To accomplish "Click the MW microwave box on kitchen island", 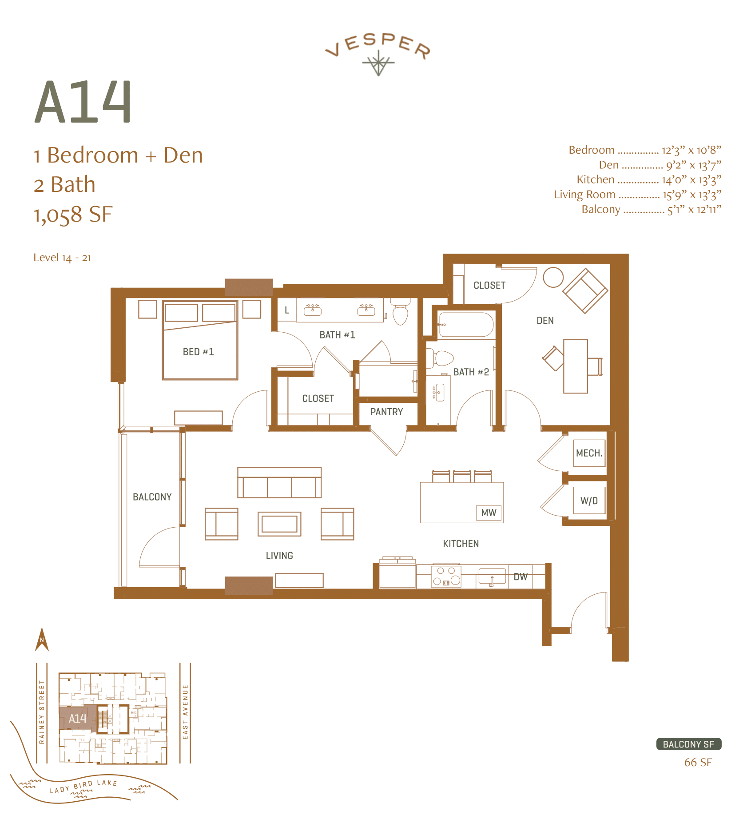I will (x=489, y=513).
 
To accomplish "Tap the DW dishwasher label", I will (x=521, y=576).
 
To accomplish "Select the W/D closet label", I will (x=589, y=501).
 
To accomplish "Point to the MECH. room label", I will (x=589, y=453).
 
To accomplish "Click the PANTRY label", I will (x=386, y=412).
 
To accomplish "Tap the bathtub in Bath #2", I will (x=465, y=325).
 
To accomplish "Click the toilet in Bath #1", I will (x=401, y=313).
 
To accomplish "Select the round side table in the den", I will (x=553, y=277).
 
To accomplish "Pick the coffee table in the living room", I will (x=279, y=524).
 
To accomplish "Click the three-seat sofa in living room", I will (x=279, y=483).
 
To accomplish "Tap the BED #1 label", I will (x=198, y=352).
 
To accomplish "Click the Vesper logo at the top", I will (x=378, y=53).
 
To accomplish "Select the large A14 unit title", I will (x=83, y=102).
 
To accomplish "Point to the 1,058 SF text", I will (x=73, y=215).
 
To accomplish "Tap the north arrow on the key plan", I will (x=42, y=640).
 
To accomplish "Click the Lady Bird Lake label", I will (x=83, y=786).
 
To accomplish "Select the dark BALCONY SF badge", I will (x=688, y=744).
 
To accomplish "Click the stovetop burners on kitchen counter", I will (x=446, y=576).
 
